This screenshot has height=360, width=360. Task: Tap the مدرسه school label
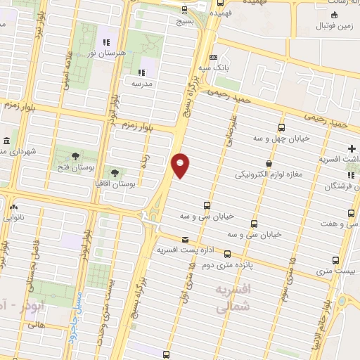[x=142, y=82]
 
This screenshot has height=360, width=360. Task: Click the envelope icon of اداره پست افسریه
[x=186, y=239]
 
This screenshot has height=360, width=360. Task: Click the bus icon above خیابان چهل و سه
[x=282, y=127]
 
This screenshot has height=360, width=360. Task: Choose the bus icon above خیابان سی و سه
[x=206, y=205]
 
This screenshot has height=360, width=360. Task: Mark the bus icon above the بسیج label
[x=185, y=10]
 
